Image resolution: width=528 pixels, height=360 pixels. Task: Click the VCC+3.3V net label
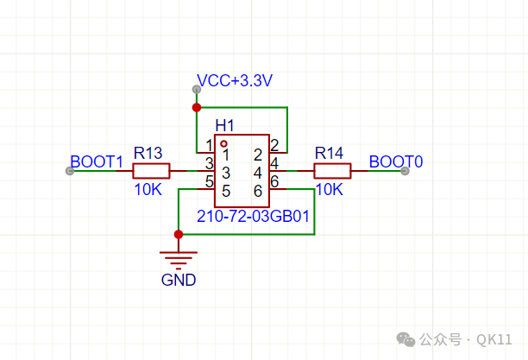point(235,80)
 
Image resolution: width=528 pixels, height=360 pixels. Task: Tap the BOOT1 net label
point(97,161)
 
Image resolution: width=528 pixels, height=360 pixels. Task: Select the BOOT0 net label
point(396,161)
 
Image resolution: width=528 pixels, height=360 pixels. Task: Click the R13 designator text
point(148,153)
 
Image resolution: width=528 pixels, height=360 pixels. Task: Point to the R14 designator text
point(329,153)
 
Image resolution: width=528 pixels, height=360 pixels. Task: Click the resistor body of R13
point(151,171)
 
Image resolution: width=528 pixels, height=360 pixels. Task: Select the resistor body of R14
point(332,171)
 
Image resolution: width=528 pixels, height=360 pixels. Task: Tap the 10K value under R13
point(148,189)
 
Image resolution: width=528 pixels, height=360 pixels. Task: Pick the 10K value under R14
point(329,189)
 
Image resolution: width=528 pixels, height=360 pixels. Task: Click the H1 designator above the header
point(224,126)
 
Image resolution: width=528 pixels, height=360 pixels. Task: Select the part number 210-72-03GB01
point(253,216)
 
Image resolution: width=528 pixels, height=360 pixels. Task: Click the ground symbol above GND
point(179,261)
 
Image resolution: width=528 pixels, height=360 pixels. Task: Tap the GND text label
point(179,280)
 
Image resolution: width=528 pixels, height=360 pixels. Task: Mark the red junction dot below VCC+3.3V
point(197,108)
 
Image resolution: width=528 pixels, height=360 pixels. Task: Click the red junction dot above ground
point(179,234)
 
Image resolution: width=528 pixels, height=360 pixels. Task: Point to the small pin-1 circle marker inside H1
point(223,144)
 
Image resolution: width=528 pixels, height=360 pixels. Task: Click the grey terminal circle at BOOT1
point(70,171)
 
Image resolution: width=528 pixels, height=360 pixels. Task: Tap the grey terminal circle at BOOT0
point(405,171)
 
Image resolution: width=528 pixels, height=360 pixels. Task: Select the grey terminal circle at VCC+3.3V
point(197,89)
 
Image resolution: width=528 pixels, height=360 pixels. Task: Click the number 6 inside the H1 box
point(258,191)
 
